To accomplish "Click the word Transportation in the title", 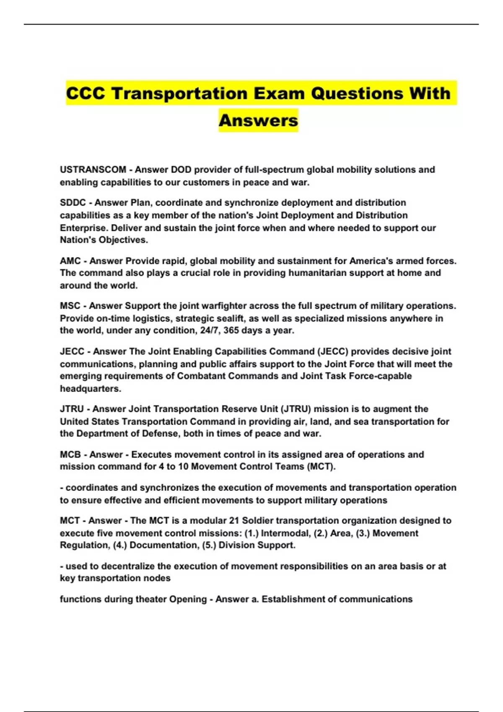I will point(180,93).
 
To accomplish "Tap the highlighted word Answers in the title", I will point(258,121).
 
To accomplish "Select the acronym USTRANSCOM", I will point(93,170).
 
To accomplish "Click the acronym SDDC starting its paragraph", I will point(73,203).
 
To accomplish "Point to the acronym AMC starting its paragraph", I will point(70,261).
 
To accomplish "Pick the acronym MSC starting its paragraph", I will point(70,306).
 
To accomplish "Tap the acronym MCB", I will point(70,454).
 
